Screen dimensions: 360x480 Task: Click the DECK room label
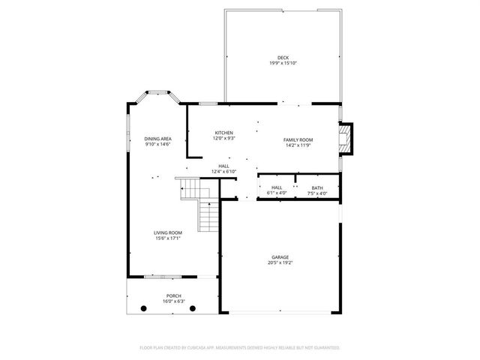(x=283, y=58)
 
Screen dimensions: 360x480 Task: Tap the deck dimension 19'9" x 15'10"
(x=283, y=63)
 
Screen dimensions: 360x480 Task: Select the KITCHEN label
(x=223, y=133)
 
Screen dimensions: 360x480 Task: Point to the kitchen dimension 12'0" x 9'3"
(x=223, y=139)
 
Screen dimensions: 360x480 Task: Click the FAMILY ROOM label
(x=298, y=140)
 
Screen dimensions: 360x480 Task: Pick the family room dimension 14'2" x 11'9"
(x=298, y=145)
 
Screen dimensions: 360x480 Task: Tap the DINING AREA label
(x=158, y=139)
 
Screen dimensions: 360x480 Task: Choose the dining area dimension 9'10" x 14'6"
(x=158, y=144)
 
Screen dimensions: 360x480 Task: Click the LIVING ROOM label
(x=169, y=233)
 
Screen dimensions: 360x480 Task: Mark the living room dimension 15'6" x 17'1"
(x=169, y=238)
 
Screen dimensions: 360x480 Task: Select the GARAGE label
(x=280, y=256)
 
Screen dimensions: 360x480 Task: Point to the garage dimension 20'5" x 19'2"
(x=280, y=262)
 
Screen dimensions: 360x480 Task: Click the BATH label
(x=317, y=187)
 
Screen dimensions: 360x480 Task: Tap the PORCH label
(x=173, y=296)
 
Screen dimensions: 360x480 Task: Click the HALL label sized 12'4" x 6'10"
(x=223, y=166)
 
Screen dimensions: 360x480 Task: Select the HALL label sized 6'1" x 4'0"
(x=277, y=187)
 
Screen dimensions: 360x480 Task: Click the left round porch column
(x=142, y=308)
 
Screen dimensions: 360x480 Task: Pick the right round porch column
(x=193, y=308)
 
